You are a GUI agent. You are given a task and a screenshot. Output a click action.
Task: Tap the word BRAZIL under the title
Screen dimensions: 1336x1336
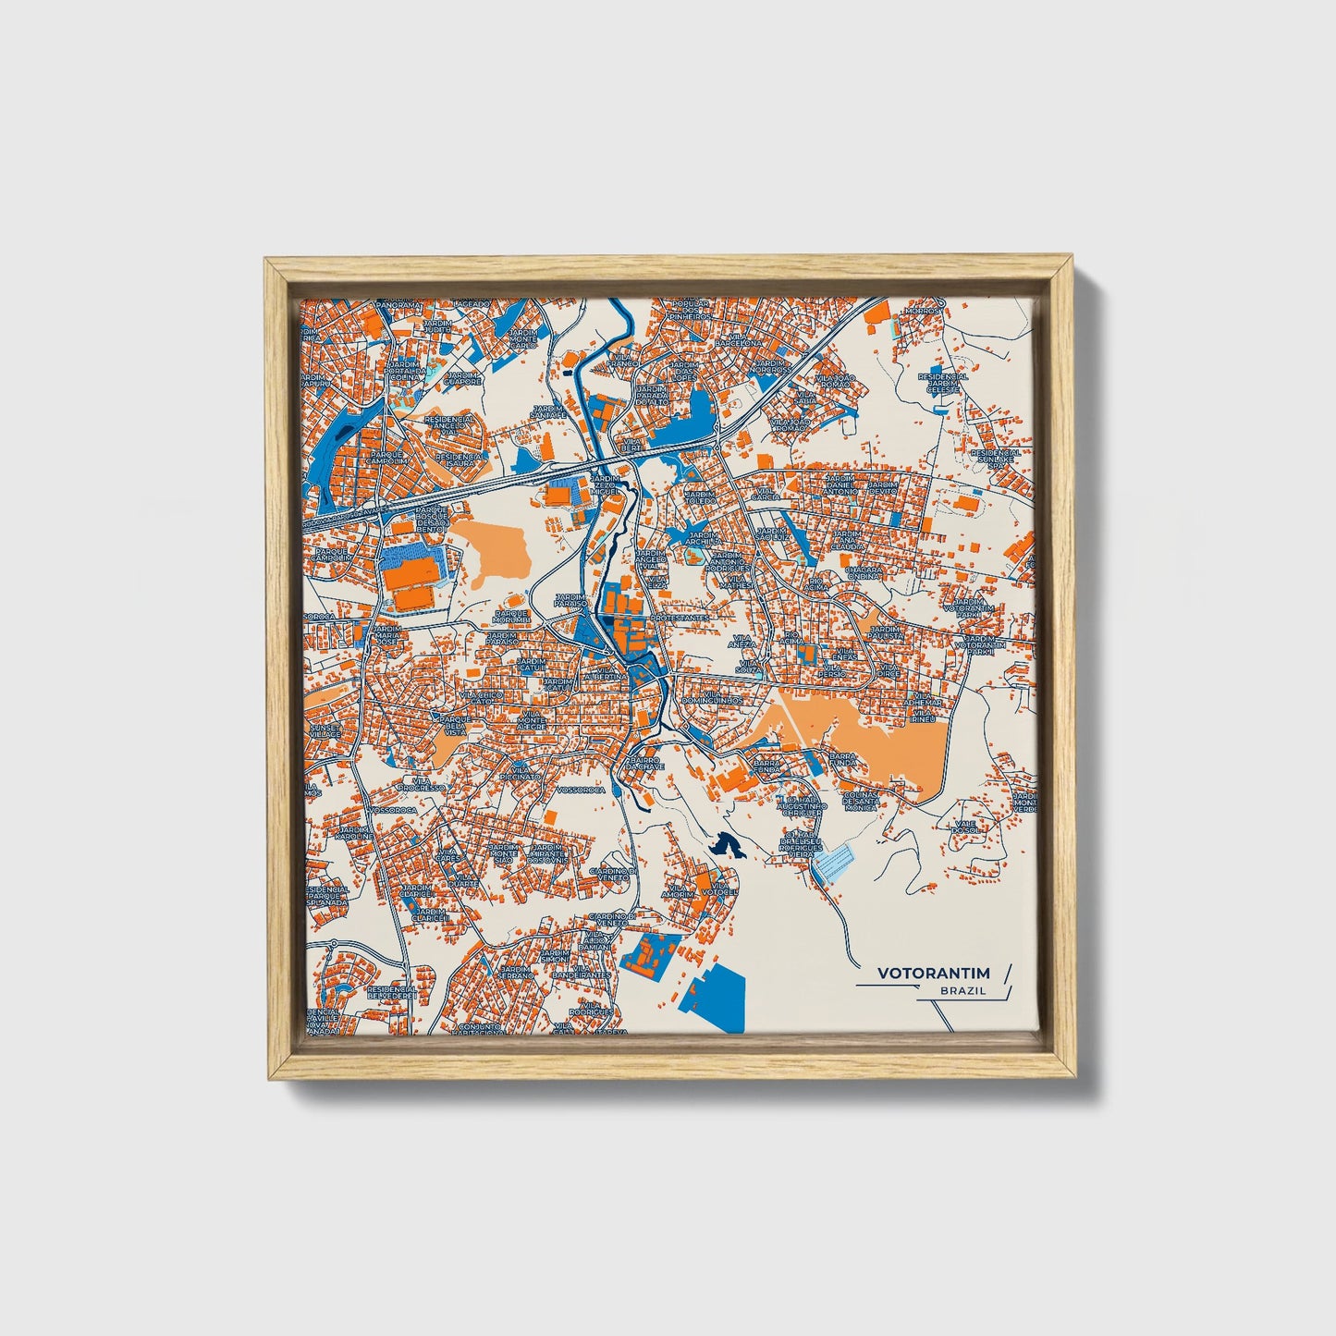pos(962,991)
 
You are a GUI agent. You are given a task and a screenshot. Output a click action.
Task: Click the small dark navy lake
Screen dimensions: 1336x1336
pos(727,844)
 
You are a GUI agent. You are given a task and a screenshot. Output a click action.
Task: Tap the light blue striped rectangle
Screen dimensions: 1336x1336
pos(836,862)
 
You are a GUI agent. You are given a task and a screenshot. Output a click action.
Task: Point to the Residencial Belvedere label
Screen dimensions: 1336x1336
pos(392,992)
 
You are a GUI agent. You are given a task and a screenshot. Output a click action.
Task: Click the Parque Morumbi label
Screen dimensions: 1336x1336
pos(511,616)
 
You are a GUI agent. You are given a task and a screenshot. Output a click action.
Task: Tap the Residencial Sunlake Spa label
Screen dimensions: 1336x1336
pos(1002,458)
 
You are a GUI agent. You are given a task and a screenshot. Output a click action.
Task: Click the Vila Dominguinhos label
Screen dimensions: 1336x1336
pos(724,699)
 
